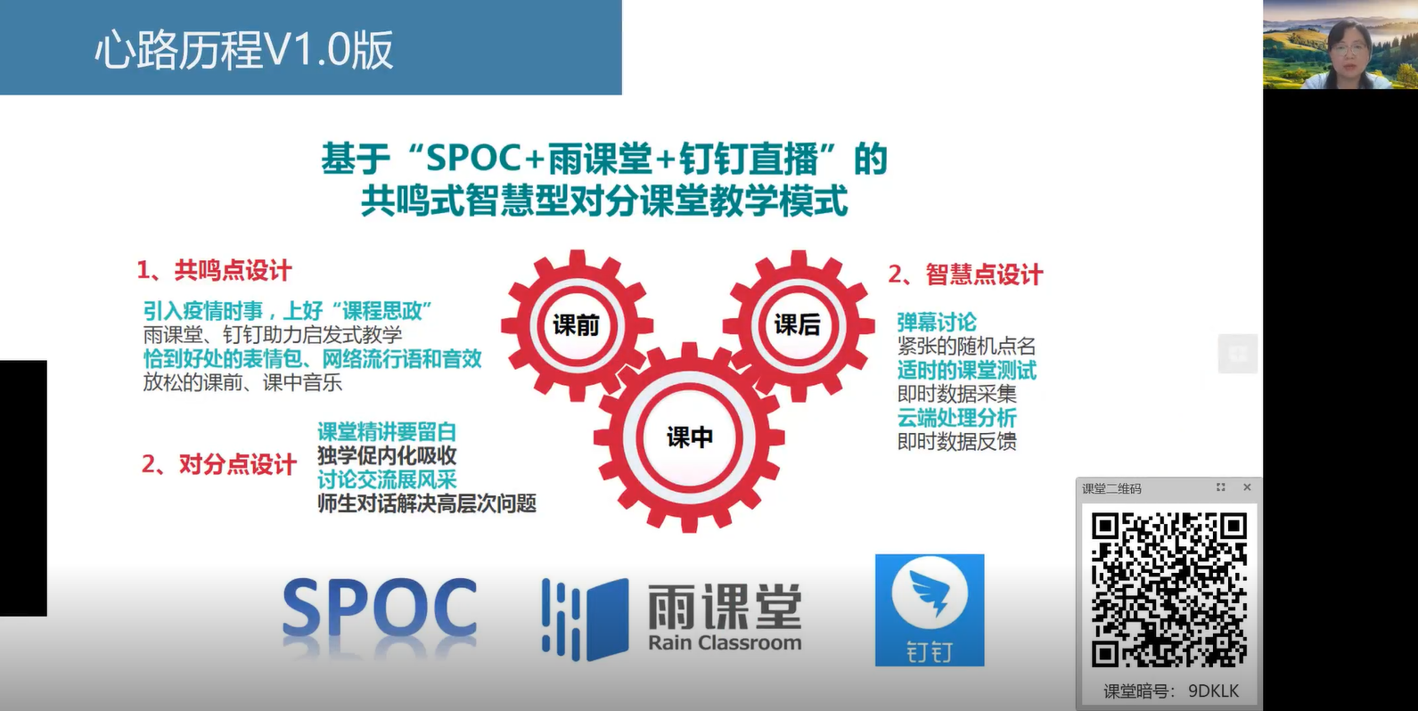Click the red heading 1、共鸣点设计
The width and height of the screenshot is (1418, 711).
pyautogui.click(x=214, y=271)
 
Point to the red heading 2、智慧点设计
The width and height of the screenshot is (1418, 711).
pyautogui.click(x=965, y=274)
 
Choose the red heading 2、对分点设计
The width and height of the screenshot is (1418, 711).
pyautogui.click(x=218, y=464)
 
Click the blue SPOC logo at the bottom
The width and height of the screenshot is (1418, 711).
pyautogui.click(x=379, y=608)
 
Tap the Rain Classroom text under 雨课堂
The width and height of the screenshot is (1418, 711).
pyautogui.click(x=725, y=642)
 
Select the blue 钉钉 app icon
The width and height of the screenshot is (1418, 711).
pyautogui.click(x=930, y=609)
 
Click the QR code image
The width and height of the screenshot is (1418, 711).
pyautogui.click(x=1168, y=590)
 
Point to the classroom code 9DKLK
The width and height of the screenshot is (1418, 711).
pyautogui.click(x=1214, y=691)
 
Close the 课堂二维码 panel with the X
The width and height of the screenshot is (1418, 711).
pyautogui.click(x=1247, y=487)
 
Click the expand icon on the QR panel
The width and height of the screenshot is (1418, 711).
pyautogui.click(x=1220, y=487)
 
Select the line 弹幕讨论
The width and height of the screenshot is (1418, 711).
pyautogui.click(x=937, y=323)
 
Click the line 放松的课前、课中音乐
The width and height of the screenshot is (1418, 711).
pyautogui.click(x=242, y=383)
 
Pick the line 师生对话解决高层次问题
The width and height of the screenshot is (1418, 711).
pyautogui.click(x=427, y=503)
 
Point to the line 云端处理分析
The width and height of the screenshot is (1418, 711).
pyautogui.click(x=956, y=418)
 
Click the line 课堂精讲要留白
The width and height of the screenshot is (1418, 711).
pyautogui.click(x=387, y=432)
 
